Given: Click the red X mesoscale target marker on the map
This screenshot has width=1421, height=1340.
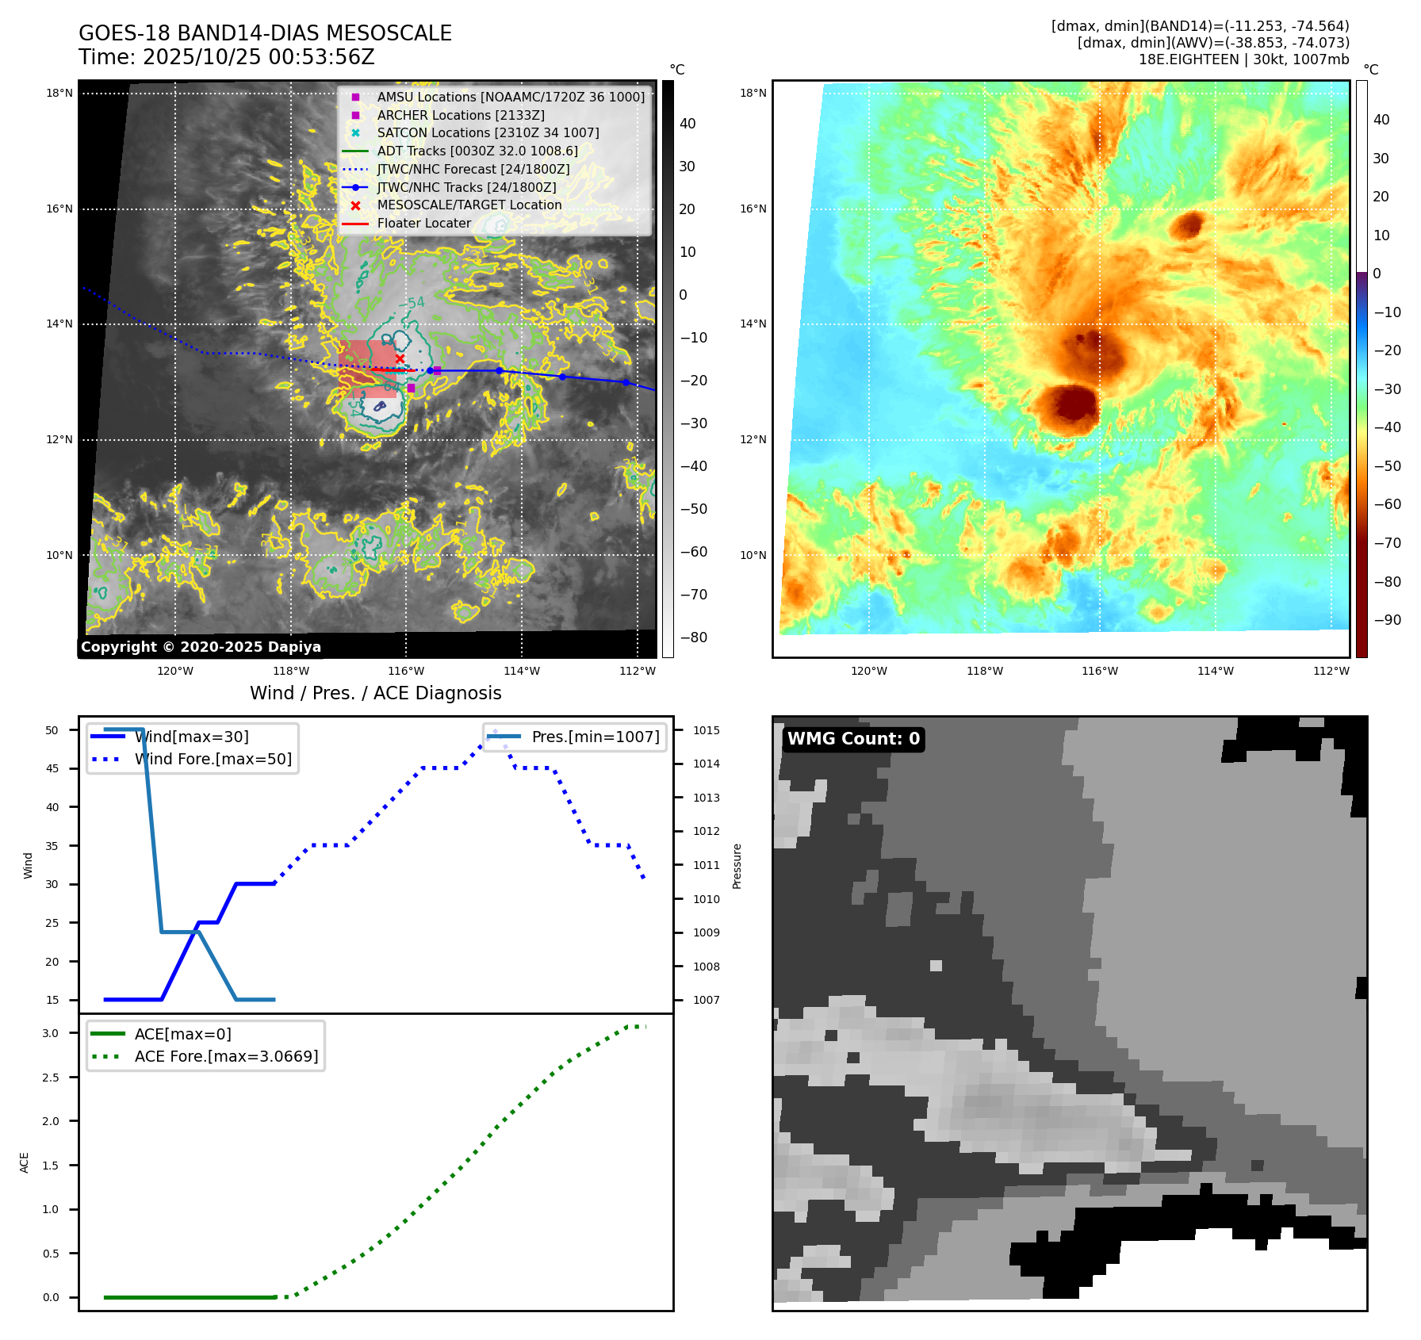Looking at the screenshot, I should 400,359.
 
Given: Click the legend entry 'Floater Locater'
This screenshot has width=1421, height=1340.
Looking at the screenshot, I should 423,224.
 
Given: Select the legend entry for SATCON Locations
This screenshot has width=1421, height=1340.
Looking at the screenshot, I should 488,133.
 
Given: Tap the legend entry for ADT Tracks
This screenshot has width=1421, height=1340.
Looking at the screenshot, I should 477,151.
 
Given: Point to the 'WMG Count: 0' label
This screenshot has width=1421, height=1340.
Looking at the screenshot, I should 853,739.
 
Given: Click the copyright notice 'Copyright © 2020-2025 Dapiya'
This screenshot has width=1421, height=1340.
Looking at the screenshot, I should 201,647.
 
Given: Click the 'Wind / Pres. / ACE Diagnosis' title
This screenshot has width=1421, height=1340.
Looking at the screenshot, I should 375,693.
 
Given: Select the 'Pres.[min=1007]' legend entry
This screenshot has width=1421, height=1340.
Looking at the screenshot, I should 595,737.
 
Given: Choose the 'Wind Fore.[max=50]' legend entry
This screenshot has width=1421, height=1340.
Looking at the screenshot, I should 213,759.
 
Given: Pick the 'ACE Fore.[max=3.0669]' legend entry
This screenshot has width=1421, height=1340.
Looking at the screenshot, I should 226,1056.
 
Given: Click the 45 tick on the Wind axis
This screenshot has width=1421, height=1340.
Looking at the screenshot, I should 52,768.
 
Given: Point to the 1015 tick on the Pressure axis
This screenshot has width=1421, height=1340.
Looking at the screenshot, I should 706,730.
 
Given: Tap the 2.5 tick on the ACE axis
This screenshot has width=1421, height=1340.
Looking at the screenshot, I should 51,1078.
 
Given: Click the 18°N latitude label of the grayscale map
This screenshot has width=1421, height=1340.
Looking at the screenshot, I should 59,94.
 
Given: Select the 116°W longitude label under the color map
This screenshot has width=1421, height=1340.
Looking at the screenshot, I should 1100,671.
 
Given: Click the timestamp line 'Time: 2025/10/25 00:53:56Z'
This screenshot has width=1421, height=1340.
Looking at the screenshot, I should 226,57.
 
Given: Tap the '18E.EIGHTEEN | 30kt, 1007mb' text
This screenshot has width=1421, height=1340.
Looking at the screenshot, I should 1243,59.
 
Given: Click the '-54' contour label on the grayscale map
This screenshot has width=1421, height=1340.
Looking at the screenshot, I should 412,303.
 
